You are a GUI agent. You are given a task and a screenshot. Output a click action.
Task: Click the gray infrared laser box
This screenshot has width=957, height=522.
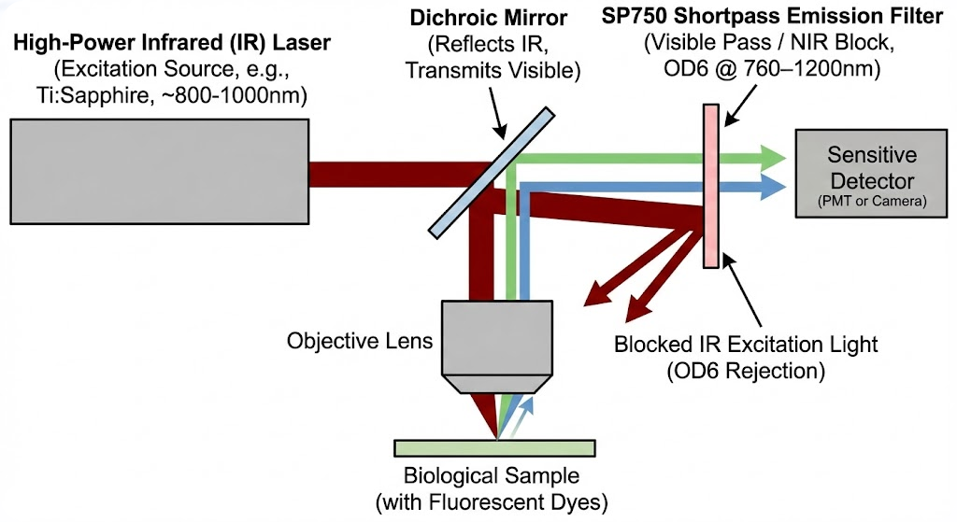(x=159, y=171)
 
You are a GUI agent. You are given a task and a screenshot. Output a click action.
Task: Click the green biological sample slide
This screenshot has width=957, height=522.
(x=493, y=447)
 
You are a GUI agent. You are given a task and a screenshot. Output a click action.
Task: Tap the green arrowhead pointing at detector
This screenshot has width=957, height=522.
(x=771, y=155)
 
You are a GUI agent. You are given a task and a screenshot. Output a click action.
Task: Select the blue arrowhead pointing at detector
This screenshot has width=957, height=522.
(x=771, y=187)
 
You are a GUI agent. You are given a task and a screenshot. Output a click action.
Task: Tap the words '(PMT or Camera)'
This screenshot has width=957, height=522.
(x=871, y=201)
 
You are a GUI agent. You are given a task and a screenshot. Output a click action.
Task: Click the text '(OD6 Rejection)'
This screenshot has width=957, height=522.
(x=745, y=371)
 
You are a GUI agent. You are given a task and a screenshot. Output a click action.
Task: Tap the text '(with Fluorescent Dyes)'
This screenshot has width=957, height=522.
(x=492, y=502)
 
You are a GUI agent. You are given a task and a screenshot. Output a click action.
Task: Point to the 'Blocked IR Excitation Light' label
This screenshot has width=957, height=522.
(x=746, y=344)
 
